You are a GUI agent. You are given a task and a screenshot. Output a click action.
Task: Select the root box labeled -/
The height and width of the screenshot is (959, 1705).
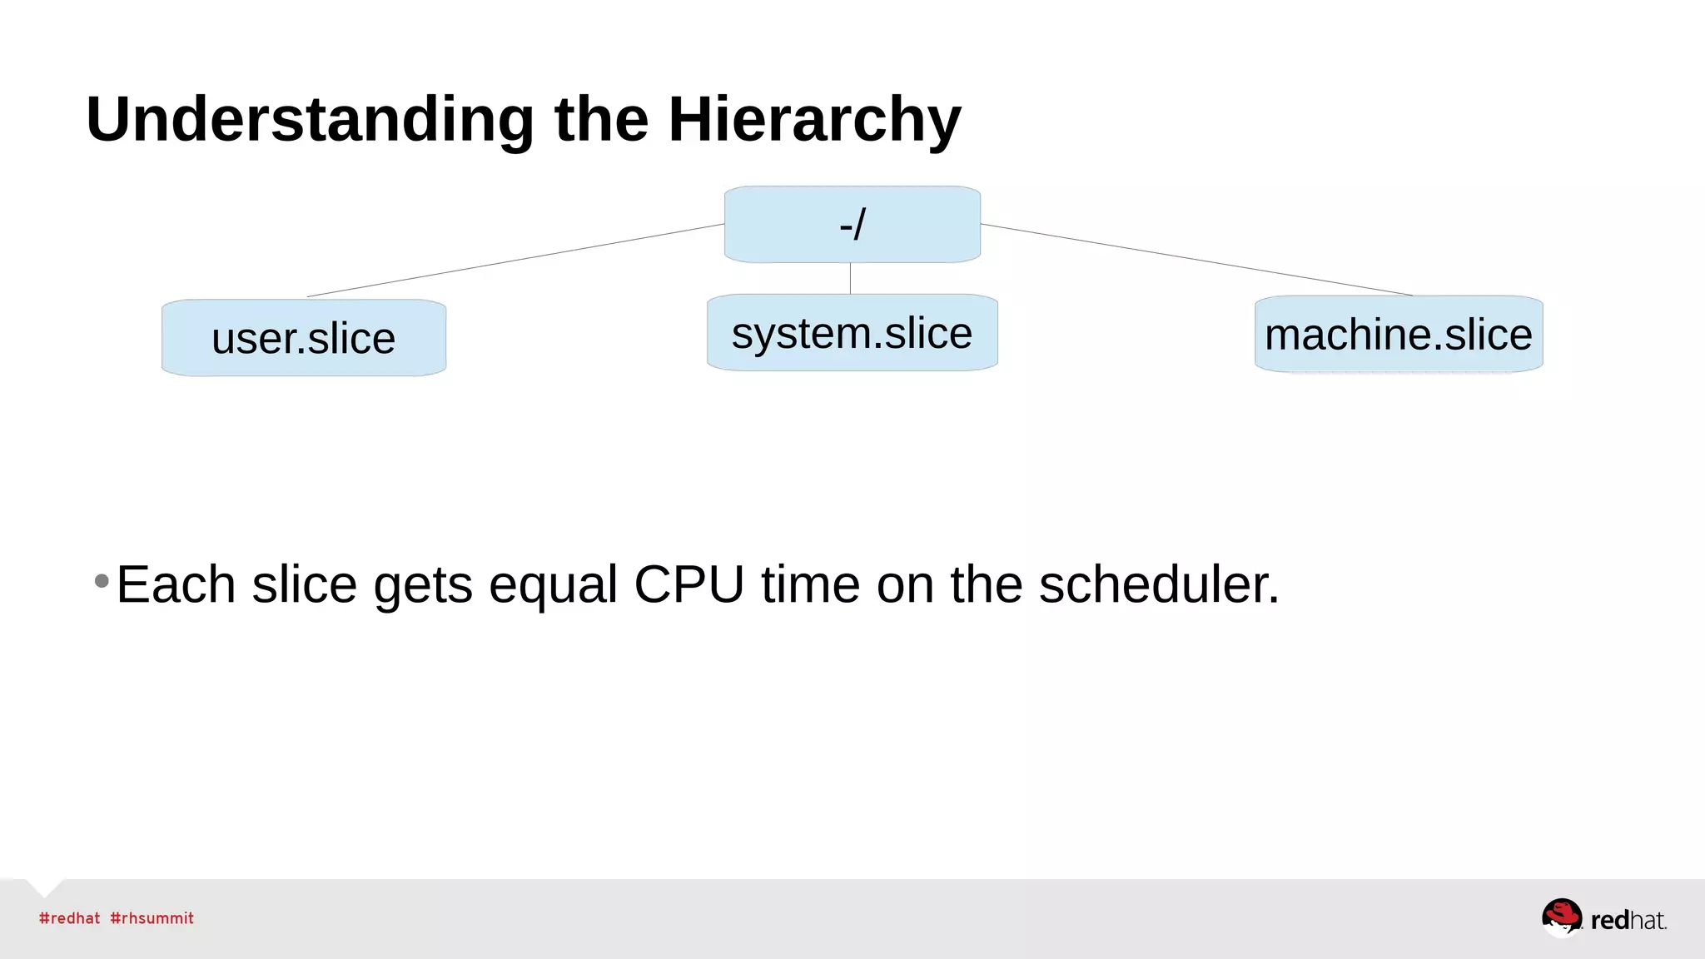852,225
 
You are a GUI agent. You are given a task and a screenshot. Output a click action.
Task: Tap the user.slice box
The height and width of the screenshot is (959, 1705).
304,339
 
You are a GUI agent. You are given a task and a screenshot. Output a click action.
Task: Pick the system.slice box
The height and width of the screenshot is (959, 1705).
852,333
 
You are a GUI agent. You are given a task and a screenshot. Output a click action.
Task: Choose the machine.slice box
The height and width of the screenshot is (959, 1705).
1398,335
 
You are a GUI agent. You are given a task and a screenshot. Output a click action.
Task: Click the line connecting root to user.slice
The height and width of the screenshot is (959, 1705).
516,260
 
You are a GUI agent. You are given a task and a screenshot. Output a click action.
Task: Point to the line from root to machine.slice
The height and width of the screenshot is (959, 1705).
1199,260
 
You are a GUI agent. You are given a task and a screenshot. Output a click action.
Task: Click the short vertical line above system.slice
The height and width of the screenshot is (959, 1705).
850,279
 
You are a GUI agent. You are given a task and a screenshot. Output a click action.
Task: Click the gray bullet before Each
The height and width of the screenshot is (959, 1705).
102,580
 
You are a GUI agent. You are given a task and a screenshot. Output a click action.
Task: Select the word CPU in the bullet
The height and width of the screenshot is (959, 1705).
688,584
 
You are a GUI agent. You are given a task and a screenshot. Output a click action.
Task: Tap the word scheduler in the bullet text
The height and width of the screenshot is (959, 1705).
1158,584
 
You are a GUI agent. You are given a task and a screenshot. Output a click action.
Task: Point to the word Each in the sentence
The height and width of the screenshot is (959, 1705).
176,584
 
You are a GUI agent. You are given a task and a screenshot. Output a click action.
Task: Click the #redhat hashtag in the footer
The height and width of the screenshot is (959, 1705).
69,918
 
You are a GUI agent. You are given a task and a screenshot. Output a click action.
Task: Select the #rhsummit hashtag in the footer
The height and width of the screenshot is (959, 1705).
152,918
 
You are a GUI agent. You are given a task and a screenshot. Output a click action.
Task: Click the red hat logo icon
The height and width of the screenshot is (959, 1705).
1561,917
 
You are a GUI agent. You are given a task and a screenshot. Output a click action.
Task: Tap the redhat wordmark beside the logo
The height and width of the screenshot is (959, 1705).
1628,920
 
